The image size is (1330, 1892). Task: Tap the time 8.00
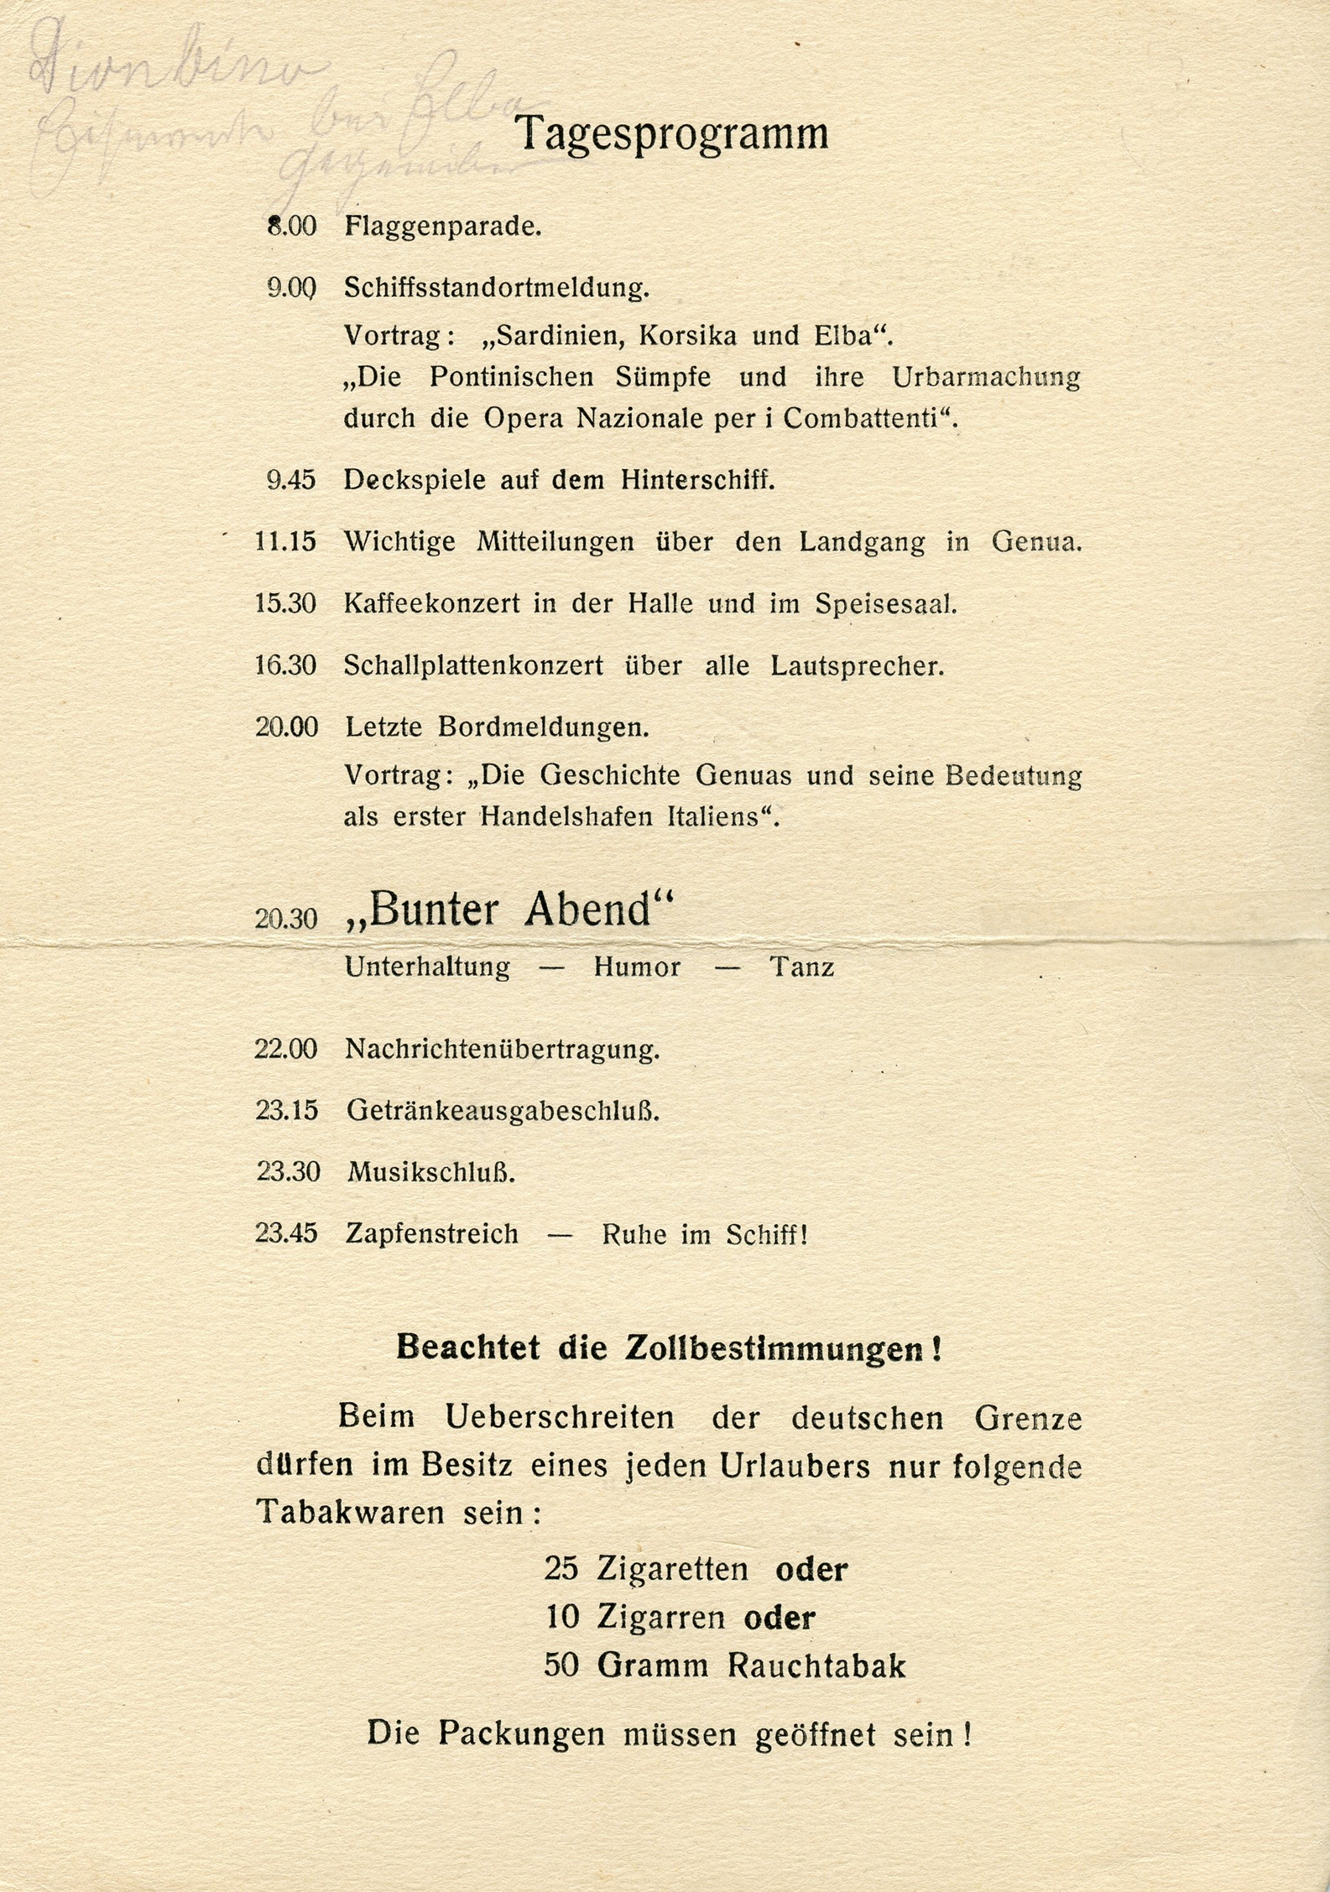(291, 227)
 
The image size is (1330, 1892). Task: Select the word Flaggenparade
(442, 227)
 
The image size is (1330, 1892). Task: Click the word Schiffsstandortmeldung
(497, 289)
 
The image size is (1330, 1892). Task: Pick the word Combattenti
(869, 419)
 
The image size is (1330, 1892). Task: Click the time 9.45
(290, 481)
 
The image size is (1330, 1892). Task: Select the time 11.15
(285, 542)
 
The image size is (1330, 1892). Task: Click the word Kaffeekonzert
(431, 604)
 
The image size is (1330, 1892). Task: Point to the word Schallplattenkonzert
(473, 666)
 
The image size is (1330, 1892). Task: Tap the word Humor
(637, 968)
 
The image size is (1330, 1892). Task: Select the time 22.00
(286, 1050)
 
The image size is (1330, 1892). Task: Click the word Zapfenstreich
(431, 1234)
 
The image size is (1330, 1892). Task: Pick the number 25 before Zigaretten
(561, 1569)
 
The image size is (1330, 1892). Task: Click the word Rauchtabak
(816, 1666)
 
